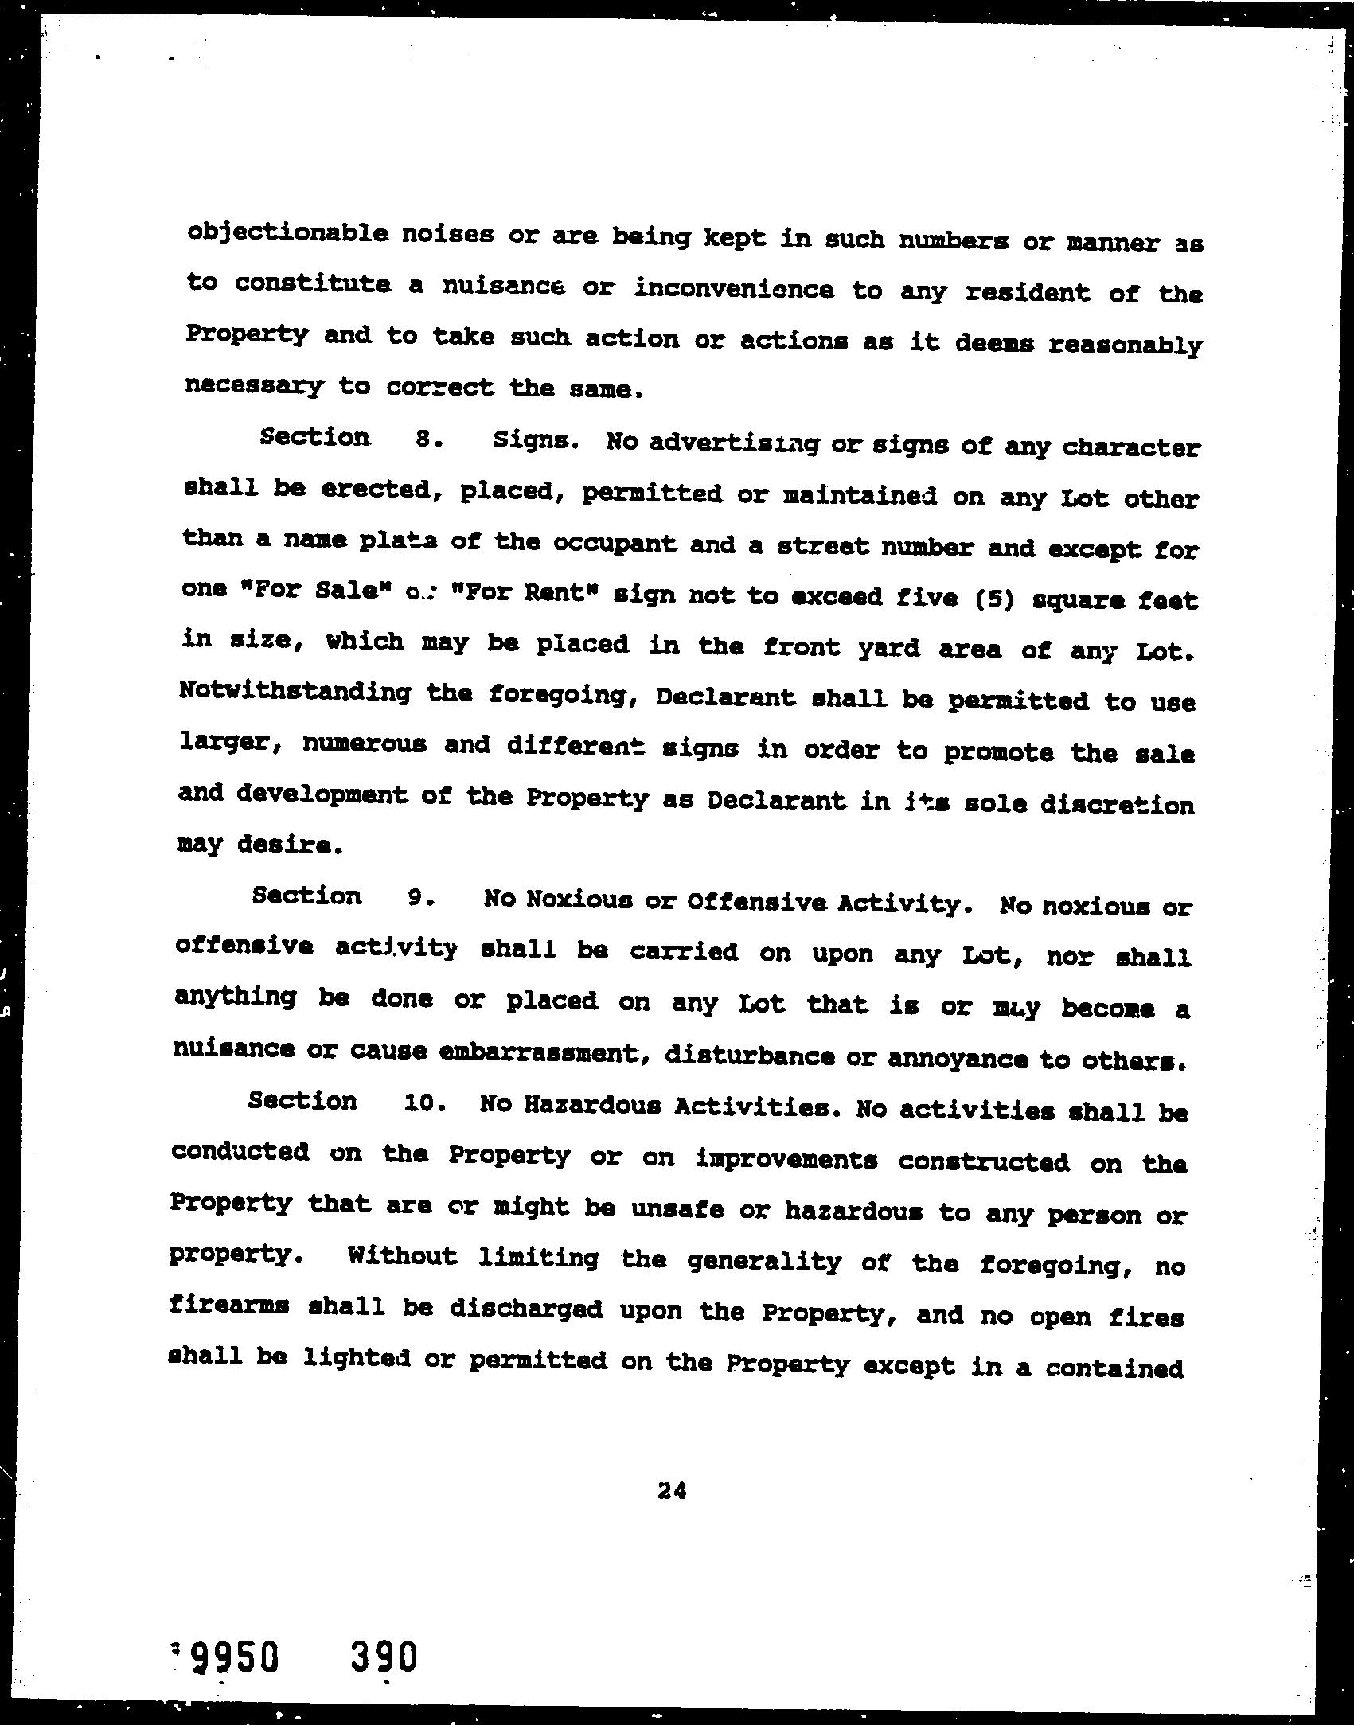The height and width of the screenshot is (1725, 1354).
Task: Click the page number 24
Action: [x=672, y=1490]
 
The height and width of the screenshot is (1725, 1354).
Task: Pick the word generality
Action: [x=763, y=1261]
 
